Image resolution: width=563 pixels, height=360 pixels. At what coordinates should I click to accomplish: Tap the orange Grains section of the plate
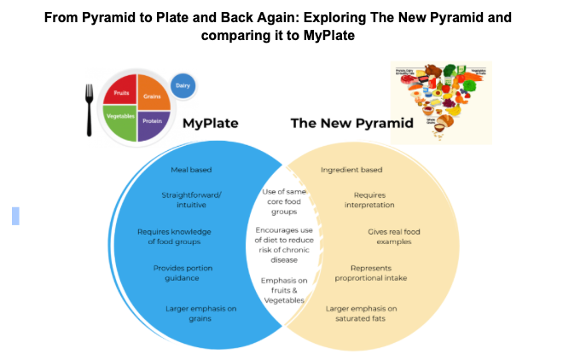[x=151, y=96]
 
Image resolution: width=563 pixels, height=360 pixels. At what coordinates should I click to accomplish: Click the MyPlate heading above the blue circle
[x=210, y=124]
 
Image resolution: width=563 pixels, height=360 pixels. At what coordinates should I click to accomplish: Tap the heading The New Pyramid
[x=351, y=124]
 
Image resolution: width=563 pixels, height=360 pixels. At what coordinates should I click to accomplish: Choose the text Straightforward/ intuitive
[x=191, y=201]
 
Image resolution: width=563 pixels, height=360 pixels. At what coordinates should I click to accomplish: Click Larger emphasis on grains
[x=189, y=313]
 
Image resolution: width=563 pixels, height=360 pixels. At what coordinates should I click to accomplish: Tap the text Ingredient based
[x=351, y=170]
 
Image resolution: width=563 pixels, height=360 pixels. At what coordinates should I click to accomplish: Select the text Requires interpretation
[x=369, y=200]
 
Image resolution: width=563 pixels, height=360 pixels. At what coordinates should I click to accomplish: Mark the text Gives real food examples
[x=394, y=236]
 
